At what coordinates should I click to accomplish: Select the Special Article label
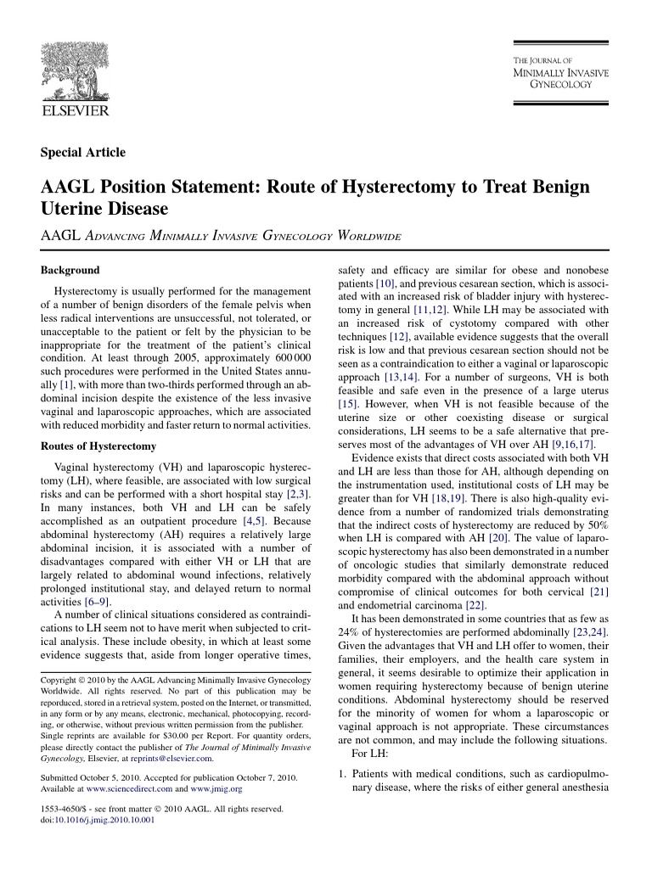point(83,153)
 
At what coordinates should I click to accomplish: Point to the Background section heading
point(70,270)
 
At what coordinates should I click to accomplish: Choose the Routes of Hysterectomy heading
point(98,446)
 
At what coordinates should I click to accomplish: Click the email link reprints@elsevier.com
point(177,759)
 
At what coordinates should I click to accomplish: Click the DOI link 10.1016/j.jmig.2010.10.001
point(107,820)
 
